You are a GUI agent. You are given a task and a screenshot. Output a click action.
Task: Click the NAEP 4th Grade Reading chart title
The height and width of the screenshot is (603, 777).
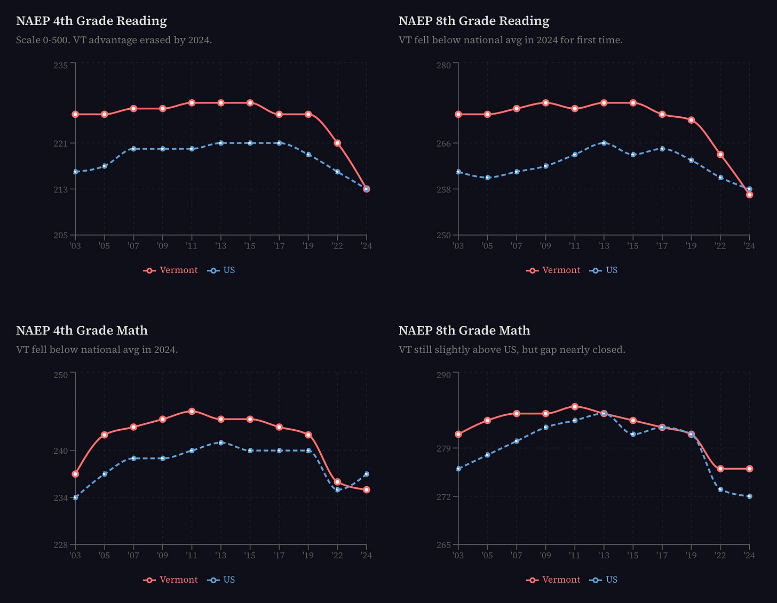(91, 21)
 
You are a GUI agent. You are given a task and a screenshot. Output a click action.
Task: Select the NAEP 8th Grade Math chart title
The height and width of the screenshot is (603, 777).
(464, 331)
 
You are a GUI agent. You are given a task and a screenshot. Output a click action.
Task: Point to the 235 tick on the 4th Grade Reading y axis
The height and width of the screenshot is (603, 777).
(61, 65)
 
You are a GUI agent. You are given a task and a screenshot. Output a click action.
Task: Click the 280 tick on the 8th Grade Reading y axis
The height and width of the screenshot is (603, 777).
(443, 65)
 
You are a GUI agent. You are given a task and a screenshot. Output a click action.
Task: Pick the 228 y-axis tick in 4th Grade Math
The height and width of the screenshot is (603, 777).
(61, 544)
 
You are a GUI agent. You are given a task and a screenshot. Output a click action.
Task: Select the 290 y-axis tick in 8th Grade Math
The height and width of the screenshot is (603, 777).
(443, 375)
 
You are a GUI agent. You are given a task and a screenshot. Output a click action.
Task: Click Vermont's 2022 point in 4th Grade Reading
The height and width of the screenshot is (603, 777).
(337, 143)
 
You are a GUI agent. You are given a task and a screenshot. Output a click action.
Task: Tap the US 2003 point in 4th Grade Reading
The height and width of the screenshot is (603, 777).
(76, 172)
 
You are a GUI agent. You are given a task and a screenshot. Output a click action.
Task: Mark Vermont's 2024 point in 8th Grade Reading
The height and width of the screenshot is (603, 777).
(749, 195)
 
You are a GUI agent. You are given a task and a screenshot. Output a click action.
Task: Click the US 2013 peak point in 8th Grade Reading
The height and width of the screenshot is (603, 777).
(604, 143)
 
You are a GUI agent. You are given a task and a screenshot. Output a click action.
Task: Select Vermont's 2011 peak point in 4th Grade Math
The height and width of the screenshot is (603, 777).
(192, 411)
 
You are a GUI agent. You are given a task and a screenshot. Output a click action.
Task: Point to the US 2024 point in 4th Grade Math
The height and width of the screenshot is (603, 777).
(366, 474)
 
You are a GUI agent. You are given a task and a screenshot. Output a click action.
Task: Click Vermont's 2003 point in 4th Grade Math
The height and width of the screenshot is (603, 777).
(76, 474)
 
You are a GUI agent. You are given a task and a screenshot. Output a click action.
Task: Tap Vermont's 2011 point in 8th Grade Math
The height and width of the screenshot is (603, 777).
(575, 406)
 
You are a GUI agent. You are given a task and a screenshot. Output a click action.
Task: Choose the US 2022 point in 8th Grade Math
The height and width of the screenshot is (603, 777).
(720, 489)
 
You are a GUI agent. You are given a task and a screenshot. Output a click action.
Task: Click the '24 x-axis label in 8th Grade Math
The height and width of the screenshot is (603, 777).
(749, 556)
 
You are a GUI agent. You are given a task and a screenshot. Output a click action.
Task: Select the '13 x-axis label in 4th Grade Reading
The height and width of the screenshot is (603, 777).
(220, 246)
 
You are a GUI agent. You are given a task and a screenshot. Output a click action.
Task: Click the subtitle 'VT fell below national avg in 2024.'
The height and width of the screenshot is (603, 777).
(97, 350)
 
